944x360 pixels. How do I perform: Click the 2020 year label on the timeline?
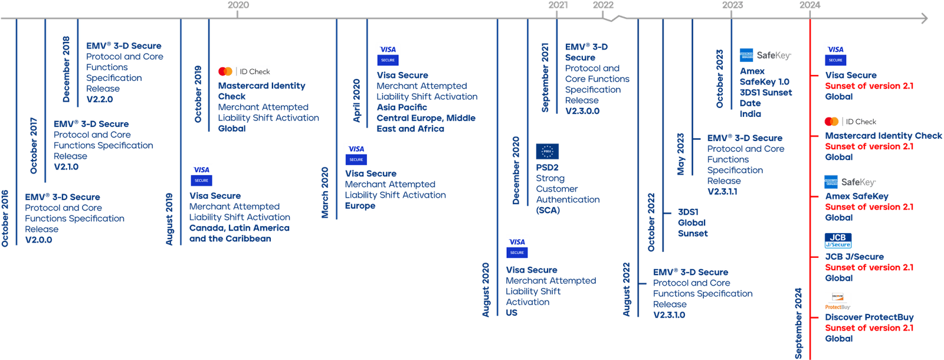(238, 5)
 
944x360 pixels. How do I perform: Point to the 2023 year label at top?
(733, 5)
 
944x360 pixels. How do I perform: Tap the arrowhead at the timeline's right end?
(924, 19)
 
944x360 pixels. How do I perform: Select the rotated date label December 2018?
(66, 69)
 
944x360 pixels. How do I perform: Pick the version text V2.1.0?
(65, 167)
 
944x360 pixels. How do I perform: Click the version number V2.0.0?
(39, 240)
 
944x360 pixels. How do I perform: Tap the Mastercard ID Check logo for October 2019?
(244, 71)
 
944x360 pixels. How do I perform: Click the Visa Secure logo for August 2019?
(201, 175)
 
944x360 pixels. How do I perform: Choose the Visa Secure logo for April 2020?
(388, 54)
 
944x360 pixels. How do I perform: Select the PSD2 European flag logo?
(547, 152)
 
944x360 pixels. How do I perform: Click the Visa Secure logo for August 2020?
(517, 247)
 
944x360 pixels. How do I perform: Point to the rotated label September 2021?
(546, 77)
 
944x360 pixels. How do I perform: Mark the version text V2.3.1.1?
(722, 192)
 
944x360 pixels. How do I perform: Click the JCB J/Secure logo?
(838, 240)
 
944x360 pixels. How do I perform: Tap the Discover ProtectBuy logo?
(838, 301)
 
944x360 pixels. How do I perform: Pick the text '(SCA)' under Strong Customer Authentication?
(548, 210)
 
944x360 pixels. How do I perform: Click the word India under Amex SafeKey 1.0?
(750, 113)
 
